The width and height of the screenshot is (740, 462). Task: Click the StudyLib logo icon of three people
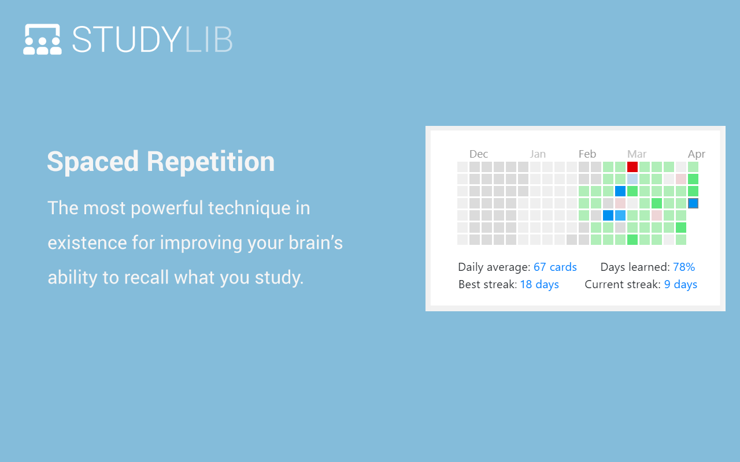(x=42, y=39)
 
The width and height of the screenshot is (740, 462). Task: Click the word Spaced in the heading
(x=92, y=162)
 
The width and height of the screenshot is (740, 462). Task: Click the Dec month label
(x=479, y=154)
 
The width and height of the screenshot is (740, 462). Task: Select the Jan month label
(x=538, y=154)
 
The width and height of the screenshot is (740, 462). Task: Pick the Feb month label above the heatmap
(x=587, y=154)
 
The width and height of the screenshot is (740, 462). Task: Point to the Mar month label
(x=637, y=154)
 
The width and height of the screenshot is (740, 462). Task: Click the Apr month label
(x=696, y=154)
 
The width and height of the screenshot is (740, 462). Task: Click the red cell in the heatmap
(x=632, y=167)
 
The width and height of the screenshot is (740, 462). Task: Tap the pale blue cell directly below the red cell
(x=632, y=179)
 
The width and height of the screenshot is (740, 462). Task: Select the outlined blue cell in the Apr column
(x=693, y=203)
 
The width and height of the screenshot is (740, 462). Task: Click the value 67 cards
(x=555, y=267)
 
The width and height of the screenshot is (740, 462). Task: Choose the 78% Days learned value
(x=684, y=267)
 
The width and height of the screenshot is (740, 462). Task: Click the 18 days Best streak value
(x=539, y=284)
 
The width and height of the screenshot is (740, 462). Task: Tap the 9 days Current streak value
(x=680, y=284)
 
